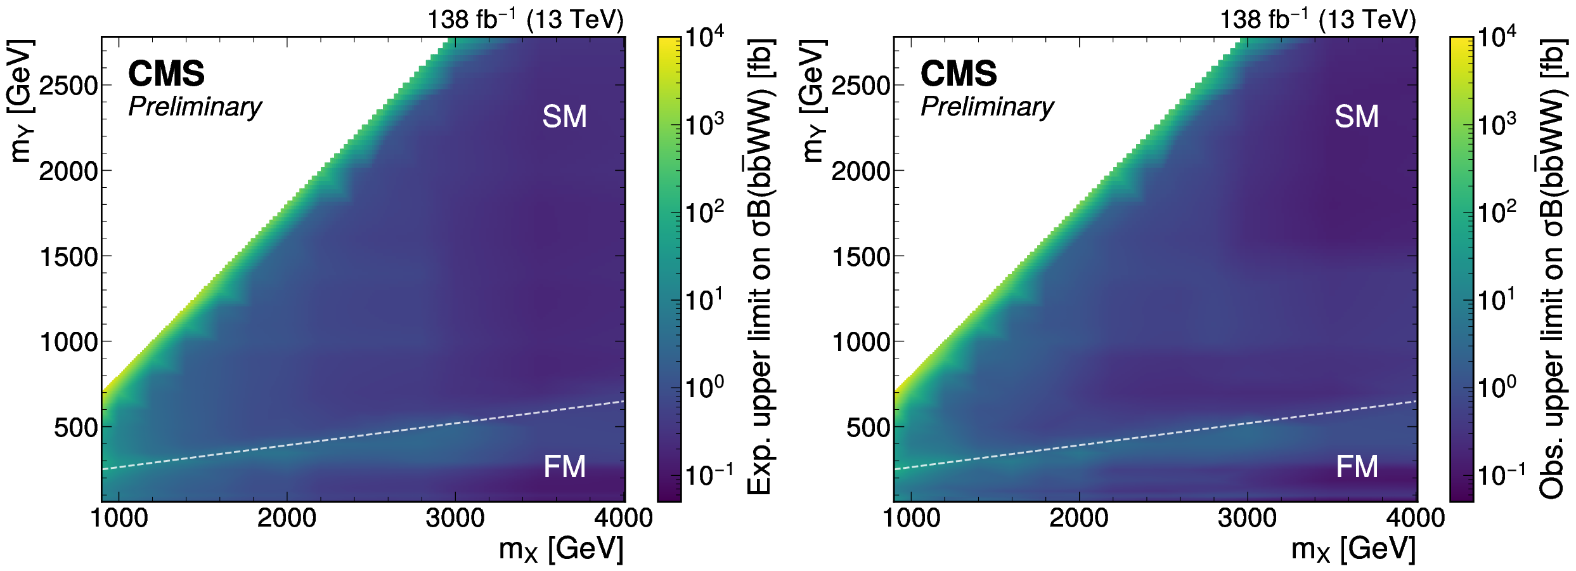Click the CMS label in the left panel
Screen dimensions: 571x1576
tap(166, 74)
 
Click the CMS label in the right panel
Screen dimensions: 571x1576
tap(959, 74)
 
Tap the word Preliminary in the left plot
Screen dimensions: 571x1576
tap(195, 107)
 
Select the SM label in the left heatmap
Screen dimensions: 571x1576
tap(564, 117)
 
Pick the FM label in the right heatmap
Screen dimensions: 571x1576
tap(1357, 467)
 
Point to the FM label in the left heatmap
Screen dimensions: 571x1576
tap(564, 467)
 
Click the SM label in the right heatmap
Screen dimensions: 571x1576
tap(1357, 117)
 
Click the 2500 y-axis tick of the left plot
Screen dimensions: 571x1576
tap(68, 86)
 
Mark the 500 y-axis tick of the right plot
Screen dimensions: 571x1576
tap(869, 428)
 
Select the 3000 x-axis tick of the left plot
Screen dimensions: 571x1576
tap(455, 518)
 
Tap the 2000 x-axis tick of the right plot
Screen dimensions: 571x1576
tap(1079, 518)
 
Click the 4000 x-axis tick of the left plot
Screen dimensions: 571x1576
tap(623, 518)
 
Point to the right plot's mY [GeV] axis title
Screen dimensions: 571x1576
tap(814, 102)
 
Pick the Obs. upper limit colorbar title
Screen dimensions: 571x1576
tap(1552, 266)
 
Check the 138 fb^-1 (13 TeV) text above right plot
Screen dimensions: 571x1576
tap(1317, 20)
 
